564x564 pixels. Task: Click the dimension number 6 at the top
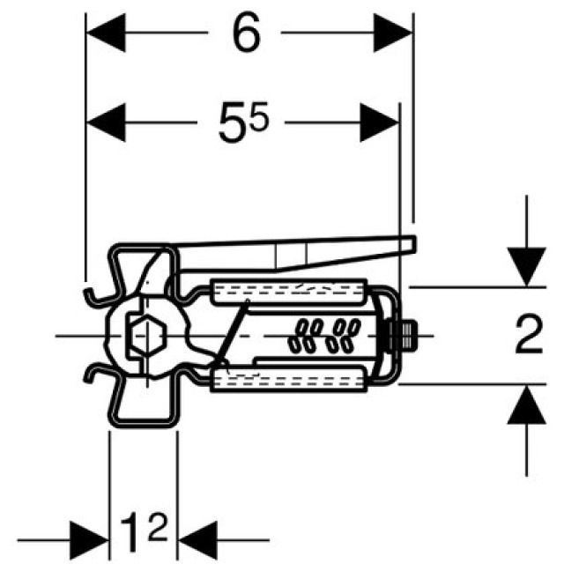[249, 35]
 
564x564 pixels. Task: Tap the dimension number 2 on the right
[529, 338]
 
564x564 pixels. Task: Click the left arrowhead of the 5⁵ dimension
[104, 122]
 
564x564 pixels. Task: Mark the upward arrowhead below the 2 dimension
[526, 407]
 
